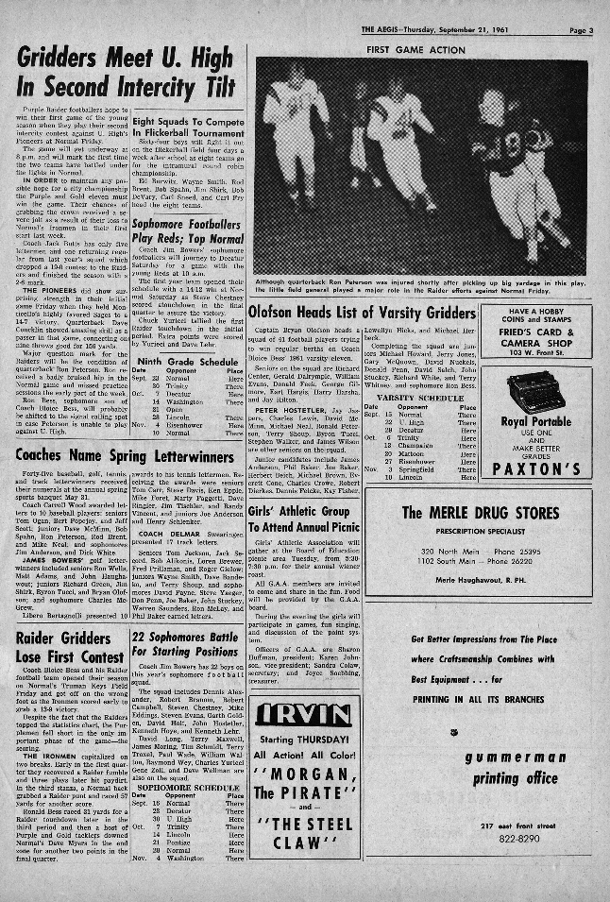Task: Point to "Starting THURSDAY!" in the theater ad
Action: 305,738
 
